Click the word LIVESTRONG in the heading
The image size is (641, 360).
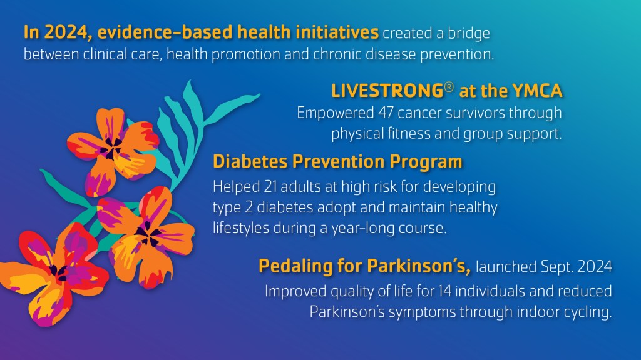[387, 91]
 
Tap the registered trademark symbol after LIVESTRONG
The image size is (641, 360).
[449, 87]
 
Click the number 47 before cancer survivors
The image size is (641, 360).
[386, 112]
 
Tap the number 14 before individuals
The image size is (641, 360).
[444, 291]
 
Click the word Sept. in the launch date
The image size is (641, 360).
[556, 266]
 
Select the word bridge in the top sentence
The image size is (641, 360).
[469, 33]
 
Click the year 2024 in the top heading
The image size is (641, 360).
[68, 32]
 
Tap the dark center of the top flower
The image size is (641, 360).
[111, 147]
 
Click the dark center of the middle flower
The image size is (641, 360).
[148, 235]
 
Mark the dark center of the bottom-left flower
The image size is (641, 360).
[58, 272]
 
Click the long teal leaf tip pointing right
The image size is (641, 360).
[257, 96]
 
